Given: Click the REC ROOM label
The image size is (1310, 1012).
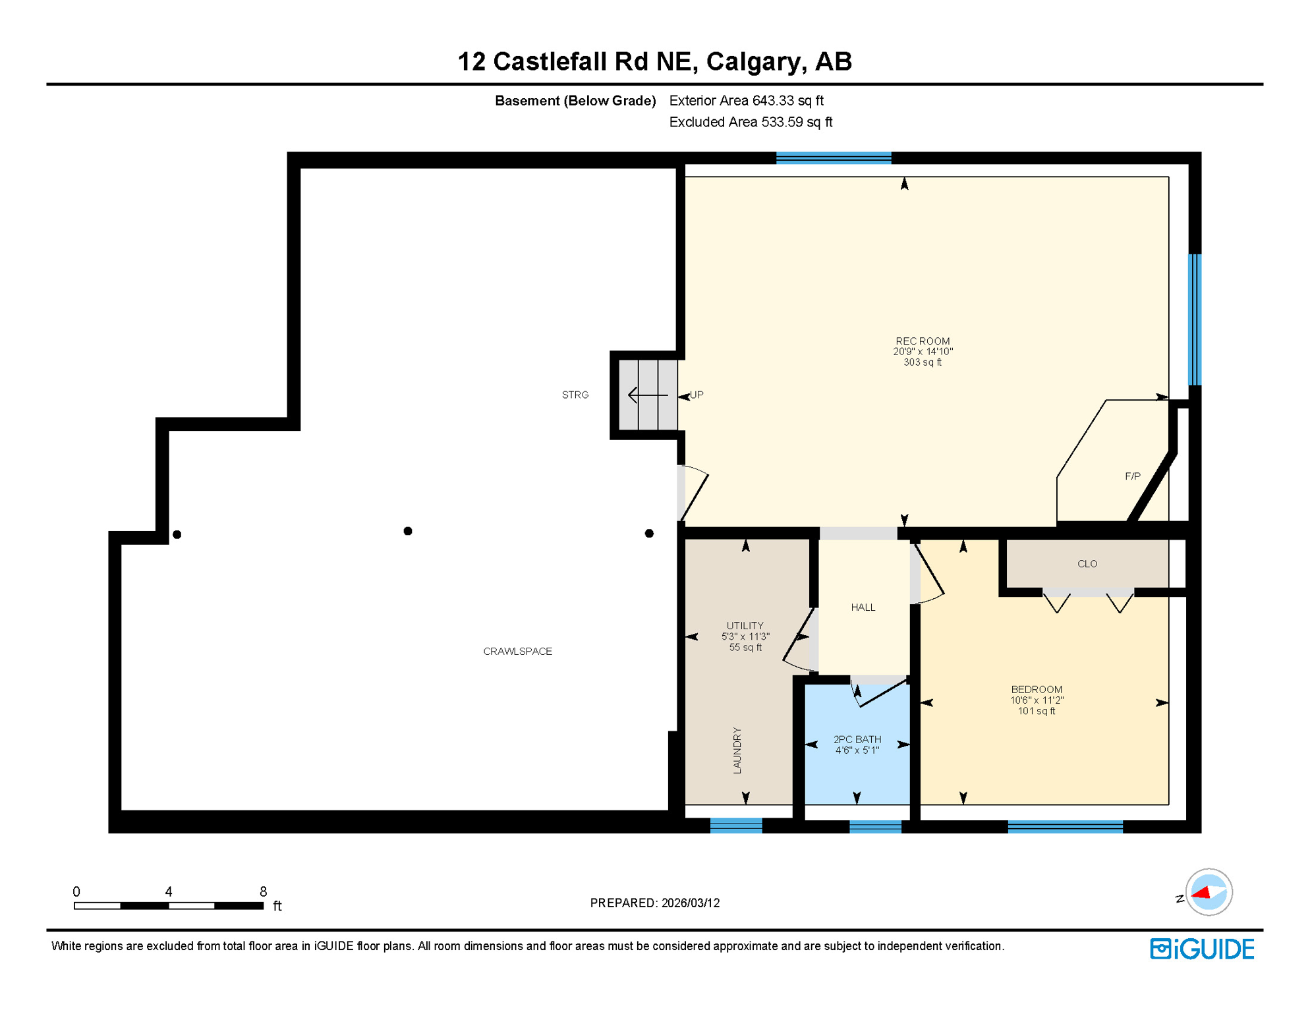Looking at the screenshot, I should [x=922, y=341].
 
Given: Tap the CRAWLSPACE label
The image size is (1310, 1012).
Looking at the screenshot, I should [x=517, y=651].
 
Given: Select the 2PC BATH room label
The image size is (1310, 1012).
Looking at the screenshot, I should [x=857, y=739].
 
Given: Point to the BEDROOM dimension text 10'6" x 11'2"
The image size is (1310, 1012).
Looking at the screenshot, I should [x=1037, y=700].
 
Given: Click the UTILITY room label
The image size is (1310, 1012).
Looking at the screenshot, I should [x=745, y=626].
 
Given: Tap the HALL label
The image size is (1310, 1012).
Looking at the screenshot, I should [x=863, y=607].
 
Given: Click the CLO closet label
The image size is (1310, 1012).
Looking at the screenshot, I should [x=1087, y=564].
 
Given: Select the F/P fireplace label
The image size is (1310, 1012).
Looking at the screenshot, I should [x=1132, y=476].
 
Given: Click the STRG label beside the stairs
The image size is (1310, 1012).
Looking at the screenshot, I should [x=575, y=395].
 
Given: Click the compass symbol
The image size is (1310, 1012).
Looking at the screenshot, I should [x=1208, y=892].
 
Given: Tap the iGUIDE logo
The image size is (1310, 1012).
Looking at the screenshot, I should [x=1202, y=949].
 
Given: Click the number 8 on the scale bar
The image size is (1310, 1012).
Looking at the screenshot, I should [x=263, y=891].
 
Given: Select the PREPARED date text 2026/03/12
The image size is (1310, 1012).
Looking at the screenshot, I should [x=691, y=903].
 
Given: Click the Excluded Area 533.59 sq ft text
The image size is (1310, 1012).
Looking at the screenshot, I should [x=751, y=122].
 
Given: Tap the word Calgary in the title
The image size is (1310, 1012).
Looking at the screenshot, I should [x=755, y=61].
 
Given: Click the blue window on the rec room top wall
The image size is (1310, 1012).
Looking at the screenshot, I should [x=833, y=157].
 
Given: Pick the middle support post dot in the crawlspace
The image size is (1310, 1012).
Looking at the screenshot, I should [x=408, y=531].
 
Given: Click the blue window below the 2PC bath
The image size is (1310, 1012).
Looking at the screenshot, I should [x=875, y=826].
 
